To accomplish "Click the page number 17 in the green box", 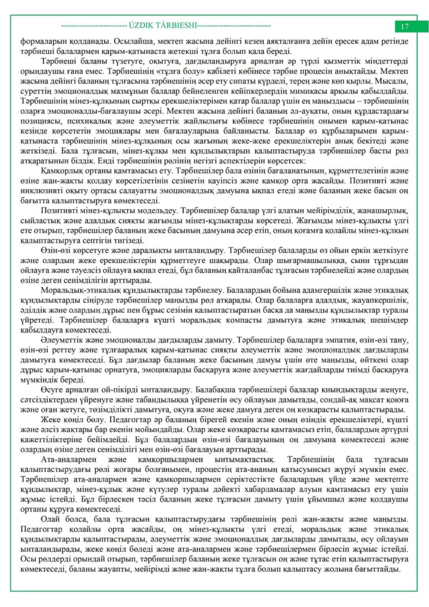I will (405, 26).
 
